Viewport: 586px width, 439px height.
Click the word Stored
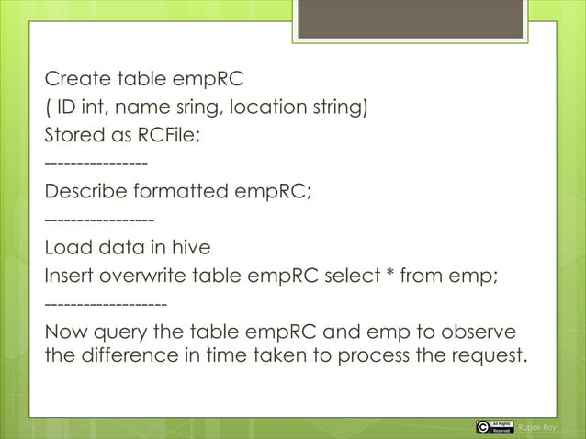pos(73,137)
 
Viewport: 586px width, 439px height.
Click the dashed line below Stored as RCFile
pos(96,164)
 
